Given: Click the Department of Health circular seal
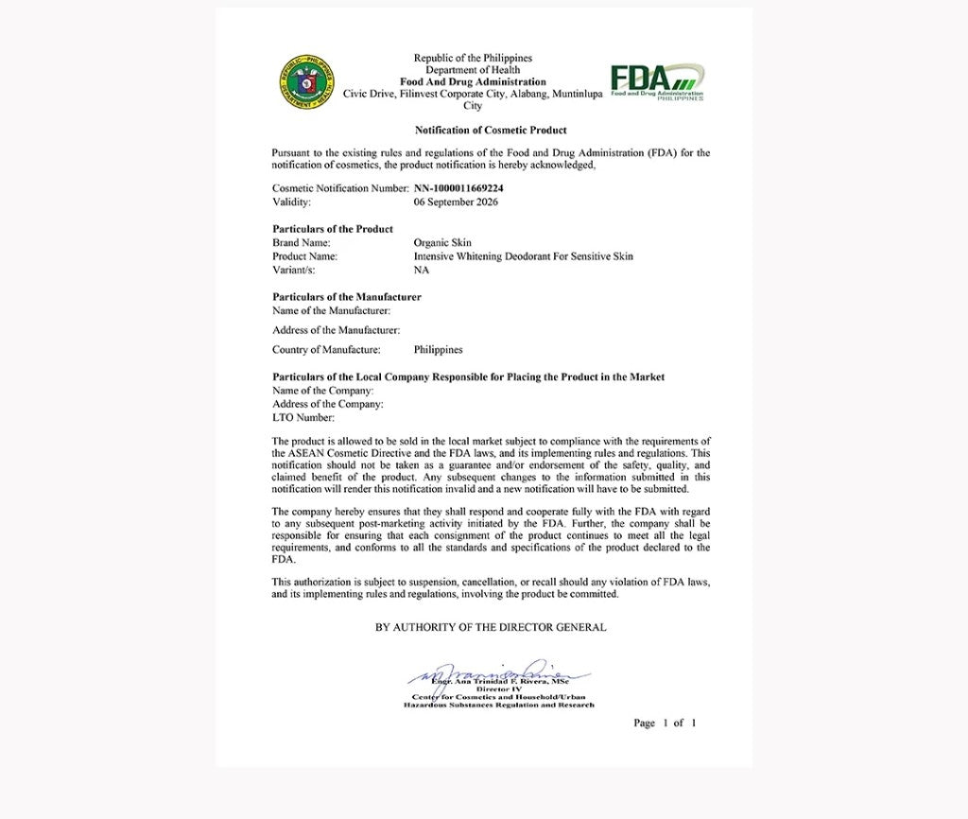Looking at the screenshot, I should coord(305,81).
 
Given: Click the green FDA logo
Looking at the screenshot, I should coord(656,81).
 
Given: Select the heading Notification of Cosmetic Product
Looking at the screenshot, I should coord(491,130).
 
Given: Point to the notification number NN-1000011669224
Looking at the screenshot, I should coord(458,188).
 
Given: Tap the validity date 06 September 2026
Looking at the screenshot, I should coord(456,201).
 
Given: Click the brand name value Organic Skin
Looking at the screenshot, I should coord(442,243).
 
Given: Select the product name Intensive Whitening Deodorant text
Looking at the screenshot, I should coord(523,256).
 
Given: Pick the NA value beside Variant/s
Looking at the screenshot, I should coord(422,270).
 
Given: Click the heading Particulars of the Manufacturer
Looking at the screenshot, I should coord(347,297).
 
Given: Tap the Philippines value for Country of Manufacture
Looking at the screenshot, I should coord(439,350).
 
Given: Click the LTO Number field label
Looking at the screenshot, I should coord(303,417).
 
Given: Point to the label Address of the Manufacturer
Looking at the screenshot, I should coord(336,330).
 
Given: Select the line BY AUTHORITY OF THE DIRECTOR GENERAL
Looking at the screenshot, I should coord(491,627).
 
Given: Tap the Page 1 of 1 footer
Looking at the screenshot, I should coord(665,723).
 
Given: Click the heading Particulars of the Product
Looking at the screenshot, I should coord(333,229).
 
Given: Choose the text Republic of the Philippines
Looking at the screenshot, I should coord(473,59).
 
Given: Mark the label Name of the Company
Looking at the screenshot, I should coord(322,391).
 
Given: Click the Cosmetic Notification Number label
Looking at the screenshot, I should coord(340,188).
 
